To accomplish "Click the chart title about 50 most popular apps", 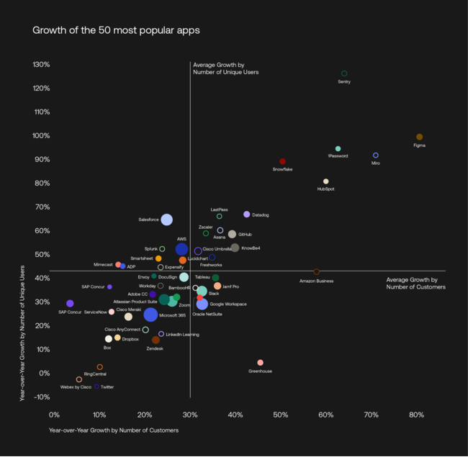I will pos(116,31).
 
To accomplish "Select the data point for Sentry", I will pos(344,73).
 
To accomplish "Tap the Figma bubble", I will pos(420,137).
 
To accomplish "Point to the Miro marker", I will pos(375,155).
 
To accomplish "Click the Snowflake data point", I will pos(282,162).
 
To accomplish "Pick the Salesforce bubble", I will pos(166,220).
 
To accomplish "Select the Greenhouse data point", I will pos(260,363).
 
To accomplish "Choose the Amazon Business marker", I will pos(316,271).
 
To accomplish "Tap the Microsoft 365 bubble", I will pos(150,315).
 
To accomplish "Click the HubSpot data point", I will pos(325,181).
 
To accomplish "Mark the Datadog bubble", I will pos(247,214).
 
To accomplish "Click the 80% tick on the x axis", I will pos(417,415).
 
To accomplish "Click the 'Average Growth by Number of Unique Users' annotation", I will pos(225,68).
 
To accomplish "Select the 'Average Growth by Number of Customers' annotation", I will pos(415,283).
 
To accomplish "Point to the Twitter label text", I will pos(107,386).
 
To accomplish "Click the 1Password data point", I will pos(338,149).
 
